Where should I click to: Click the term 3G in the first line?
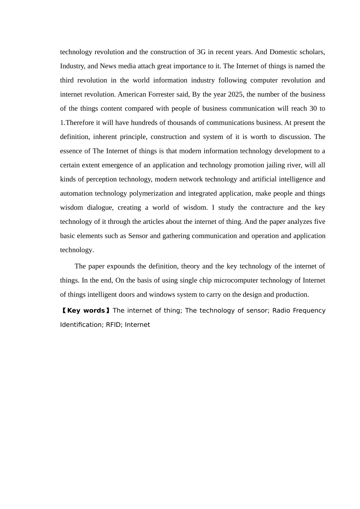(x=201, y=52)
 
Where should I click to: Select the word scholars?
(x=312, y=52)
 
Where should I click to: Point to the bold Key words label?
(x=86, y=311)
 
